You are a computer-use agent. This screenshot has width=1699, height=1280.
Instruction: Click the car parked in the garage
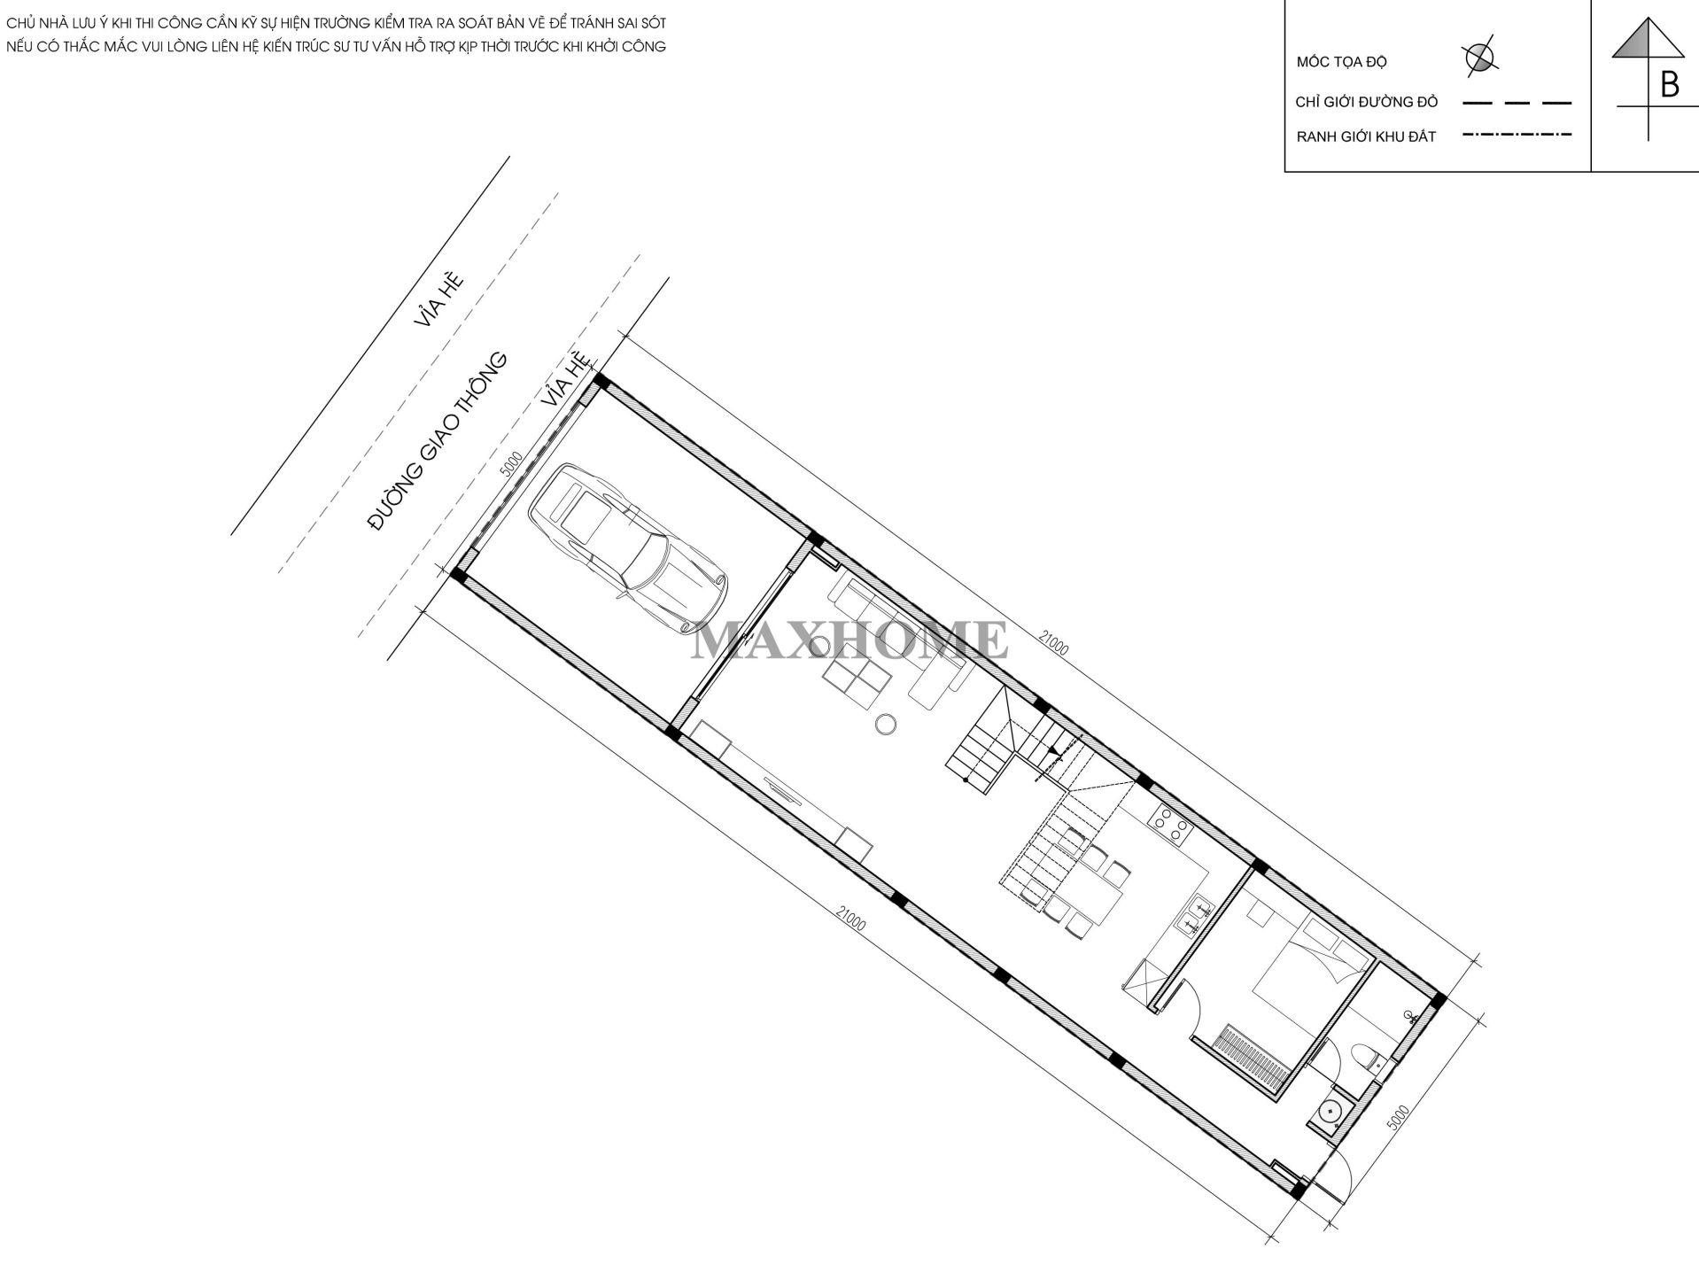pyautogui.click(x=627, y=548)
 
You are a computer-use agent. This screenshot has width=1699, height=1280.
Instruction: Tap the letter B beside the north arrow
pyautogui.click(x=1670, y=85)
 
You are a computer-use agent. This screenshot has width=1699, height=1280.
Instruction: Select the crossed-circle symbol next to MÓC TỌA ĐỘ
pyautogui.click(x=1478, y=56)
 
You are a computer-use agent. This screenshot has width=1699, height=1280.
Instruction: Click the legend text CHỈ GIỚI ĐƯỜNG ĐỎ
pyautogui.click(x=1367, y=102)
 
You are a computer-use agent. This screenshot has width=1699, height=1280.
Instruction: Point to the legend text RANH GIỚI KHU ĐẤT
pyautogui.click(x=1366, y=137)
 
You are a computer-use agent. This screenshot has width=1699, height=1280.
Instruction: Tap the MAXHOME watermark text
pyautogui.click(x=849, y=640)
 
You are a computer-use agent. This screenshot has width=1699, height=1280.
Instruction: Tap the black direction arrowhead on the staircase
pyautogui.click(x=1052, y=751)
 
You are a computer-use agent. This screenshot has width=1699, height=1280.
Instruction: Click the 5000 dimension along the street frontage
pyautogui.click(x=511, y=466)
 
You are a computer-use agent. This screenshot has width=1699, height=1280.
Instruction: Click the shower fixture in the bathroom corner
pyautogui.click(x=1409, y=1017)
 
